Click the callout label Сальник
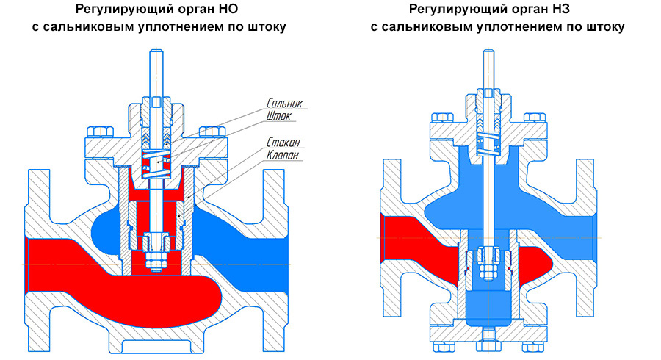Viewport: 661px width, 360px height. pyautogui.click(x=284, y=103)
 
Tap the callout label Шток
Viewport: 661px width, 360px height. pyautogui.click(x=278, y=115)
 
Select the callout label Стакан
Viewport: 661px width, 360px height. pyautogui.click(x=283, y=142)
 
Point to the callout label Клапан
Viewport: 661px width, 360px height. pyautogui.click(x=283, y=155)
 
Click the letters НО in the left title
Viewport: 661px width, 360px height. pyautogui.click(x=229, y=8)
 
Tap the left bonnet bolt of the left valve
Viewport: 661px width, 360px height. pyautogui.click(x=101, y=132)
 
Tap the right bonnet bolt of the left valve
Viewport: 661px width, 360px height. pyautogui.click(x=212, y=132)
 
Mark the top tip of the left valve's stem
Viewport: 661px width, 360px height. pyautogui.click(x=156, y=50)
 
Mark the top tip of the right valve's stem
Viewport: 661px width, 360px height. pyautogui.click(x=488, y=50)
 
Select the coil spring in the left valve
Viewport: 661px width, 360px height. pyautogui.click(x=156, y=162)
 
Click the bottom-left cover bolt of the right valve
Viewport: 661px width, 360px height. pyautogui.click(x=444, y=347)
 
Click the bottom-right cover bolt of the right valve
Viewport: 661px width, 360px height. pyautogui.click(x=533, y=347)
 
